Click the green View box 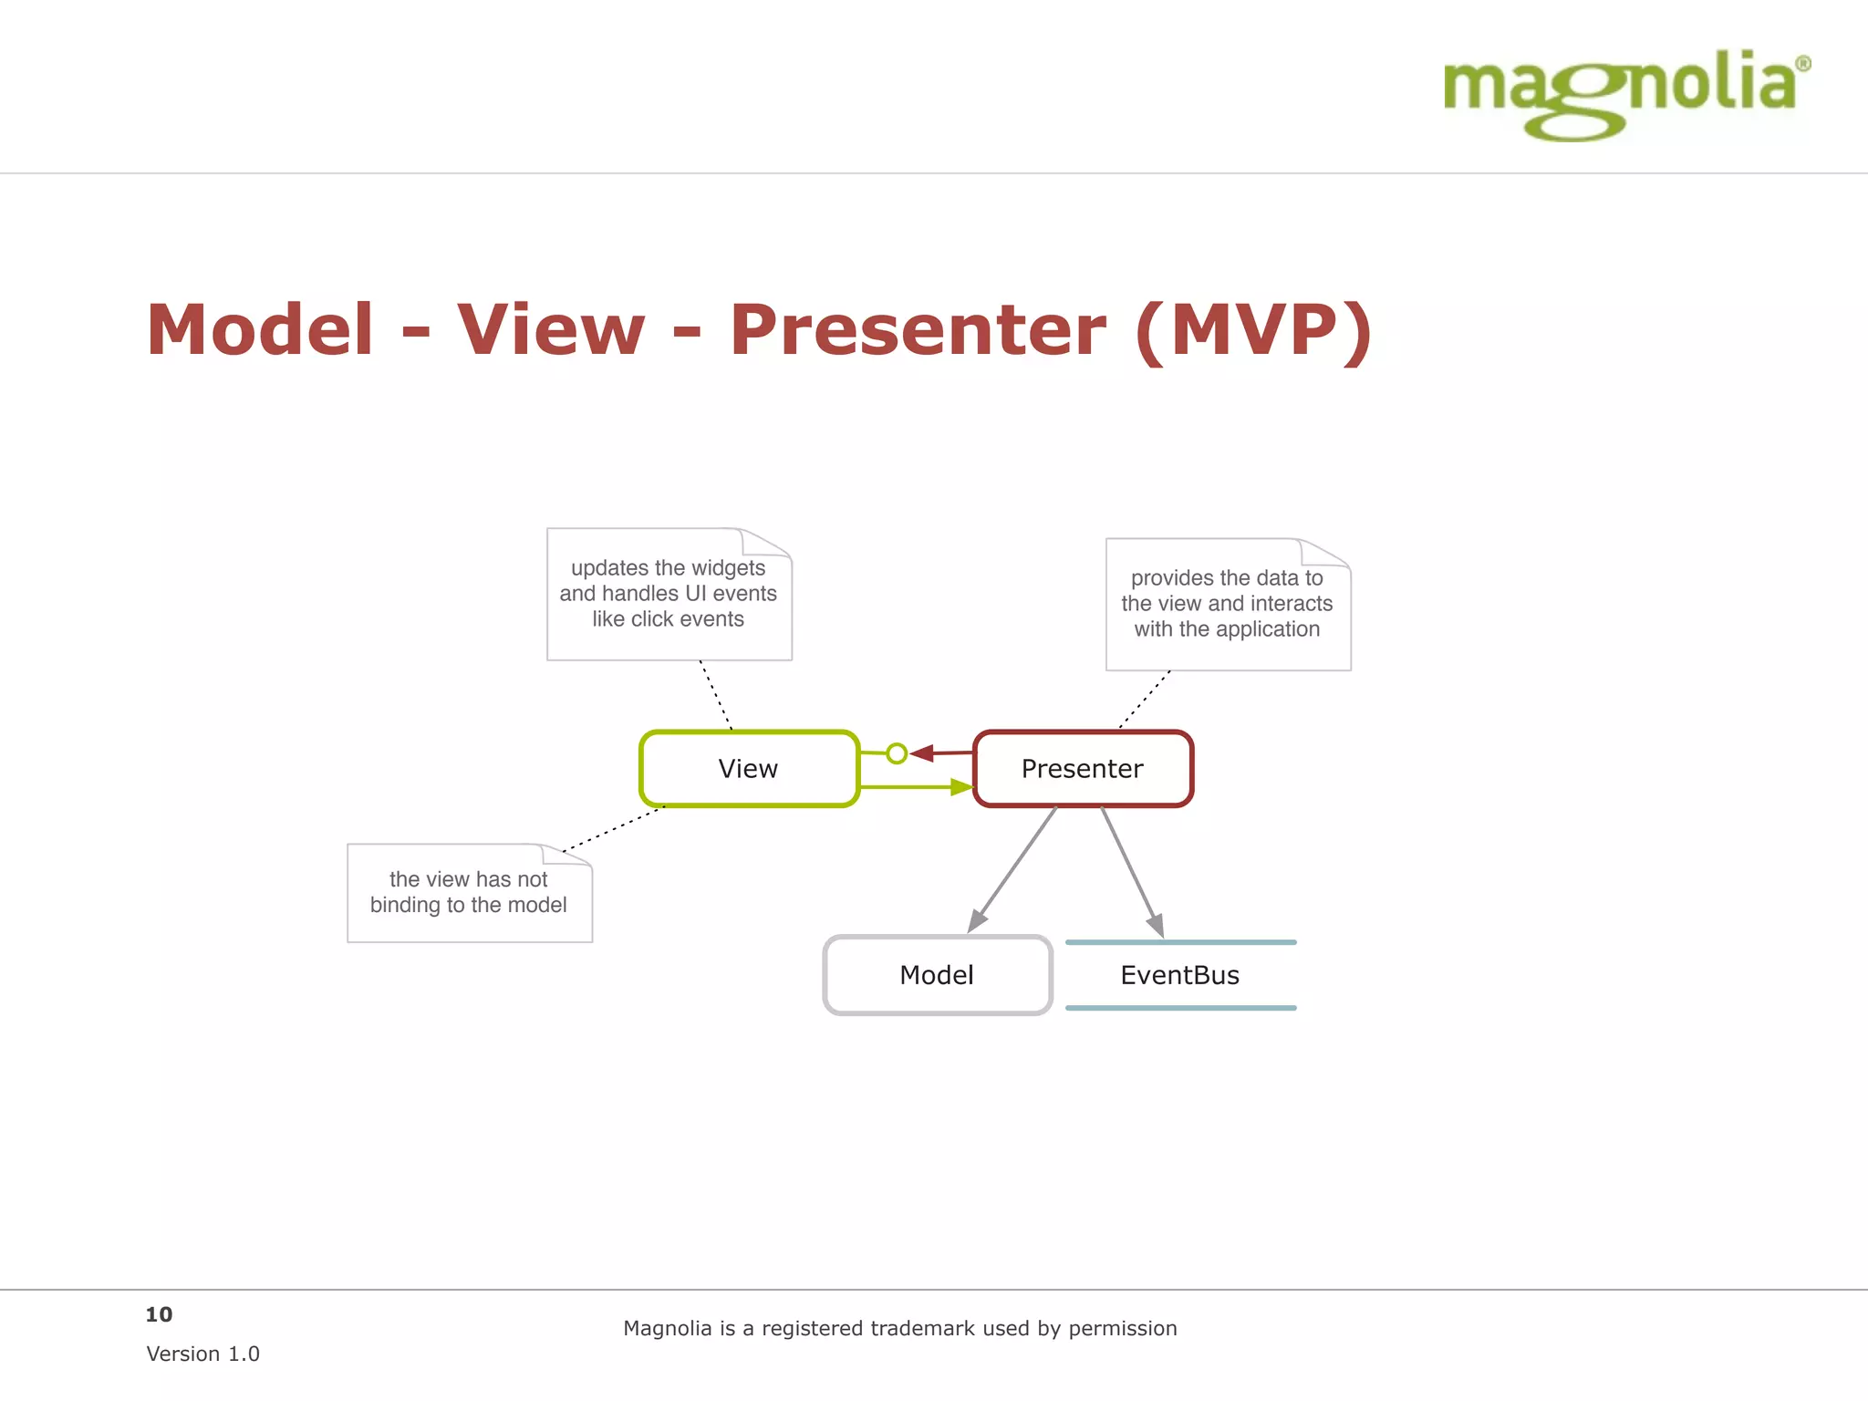(748, 769)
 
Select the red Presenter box (1083, 769)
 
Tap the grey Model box (937, 975)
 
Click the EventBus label (1179, 975)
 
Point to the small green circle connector (897, 753)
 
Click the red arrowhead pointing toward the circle (922, 753)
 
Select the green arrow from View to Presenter (912, 786)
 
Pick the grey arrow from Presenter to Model (1012, 869)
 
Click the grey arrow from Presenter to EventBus (1132, 871)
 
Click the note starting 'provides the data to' (1227, 603)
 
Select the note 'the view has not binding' (469, 892)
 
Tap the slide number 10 (159, 1314)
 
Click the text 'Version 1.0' (202, 1354)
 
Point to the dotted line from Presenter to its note (1145, 700)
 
